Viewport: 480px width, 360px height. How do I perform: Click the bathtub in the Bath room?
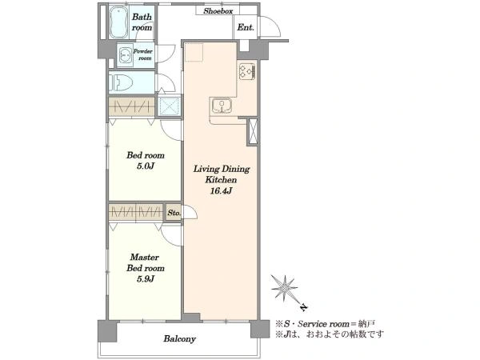[118, 22]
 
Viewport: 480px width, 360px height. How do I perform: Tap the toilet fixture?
[121, 82]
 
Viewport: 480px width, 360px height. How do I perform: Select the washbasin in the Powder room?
[126, 55]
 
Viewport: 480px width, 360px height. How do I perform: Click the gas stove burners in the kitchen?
[247, 71]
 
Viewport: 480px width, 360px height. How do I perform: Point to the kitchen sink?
[222, 106]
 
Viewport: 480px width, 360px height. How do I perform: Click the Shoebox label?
[218, 11]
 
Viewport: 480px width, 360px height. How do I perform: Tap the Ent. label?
[246, 27]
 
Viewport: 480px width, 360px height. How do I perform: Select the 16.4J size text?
[221, 191]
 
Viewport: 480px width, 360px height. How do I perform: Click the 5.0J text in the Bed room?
[145, 166]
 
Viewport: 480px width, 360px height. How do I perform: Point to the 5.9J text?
[145, 279]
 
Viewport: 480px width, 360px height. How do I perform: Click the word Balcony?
[179, 339]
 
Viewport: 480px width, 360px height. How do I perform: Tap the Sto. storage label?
[174, 213]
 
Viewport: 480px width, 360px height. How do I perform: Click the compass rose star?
[285, 288]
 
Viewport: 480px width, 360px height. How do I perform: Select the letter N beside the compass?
[303, 307]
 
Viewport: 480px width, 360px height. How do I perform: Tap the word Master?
[145, 257]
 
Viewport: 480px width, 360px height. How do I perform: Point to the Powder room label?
[143, 54]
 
